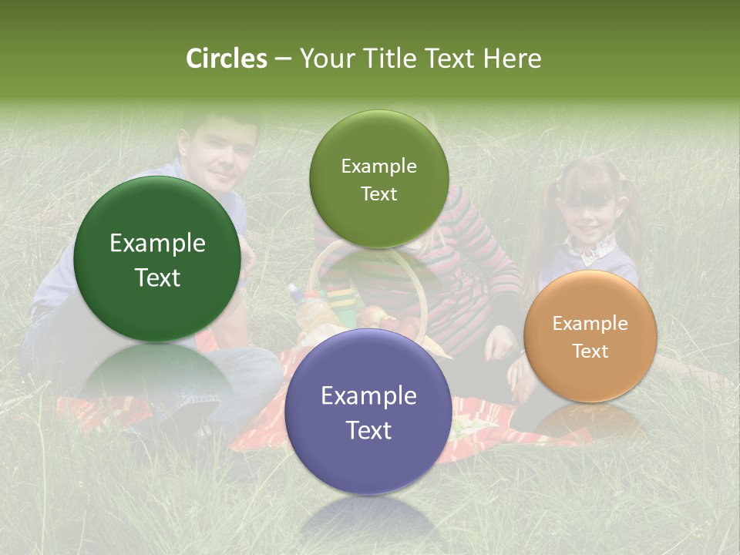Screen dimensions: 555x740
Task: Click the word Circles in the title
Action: click(227, 59)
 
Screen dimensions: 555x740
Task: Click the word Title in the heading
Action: click(390, 59)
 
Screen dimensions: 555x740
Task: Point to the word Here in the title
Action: click(512, 59)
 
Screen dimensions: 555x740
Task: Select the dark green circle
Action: click(157, 259)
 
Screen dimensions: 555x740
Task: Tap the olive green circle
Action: click(378, 179)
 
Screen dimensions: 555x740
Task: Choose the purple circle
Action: click(368, 412)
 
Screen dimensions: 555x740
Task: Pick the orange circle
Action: click(590, 336)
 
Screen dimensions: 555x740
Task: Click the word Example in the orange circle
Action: click(590, 323)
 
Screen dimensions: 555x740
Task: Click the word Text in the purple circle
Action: click(368, 430)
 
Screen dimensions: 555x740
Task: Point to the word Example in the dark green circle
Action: click(157, 244)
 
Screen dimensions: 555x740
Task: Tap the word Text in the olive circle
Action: click(378, 194)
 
